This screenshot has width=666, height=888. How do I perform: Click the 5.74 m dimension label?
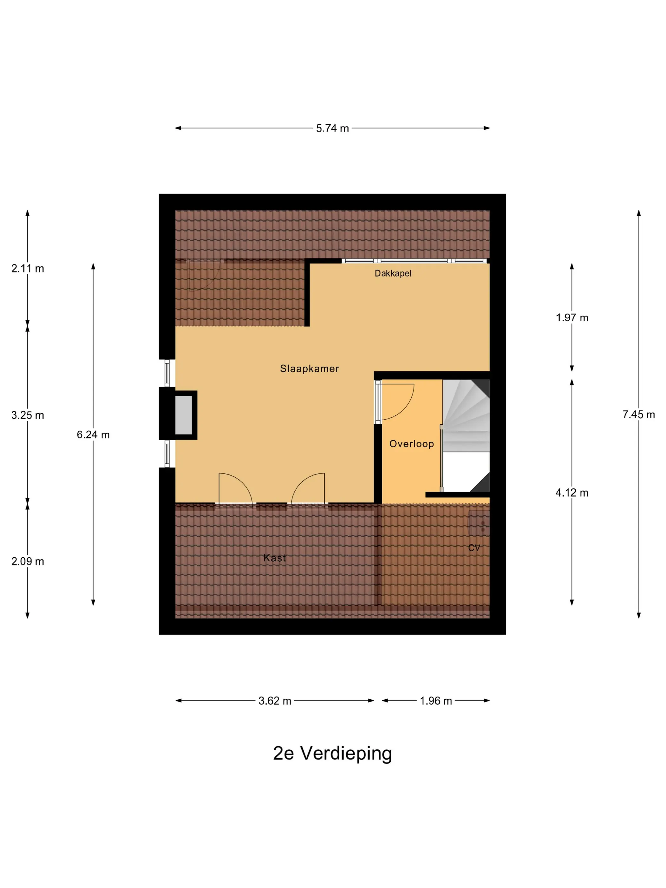(332, 128)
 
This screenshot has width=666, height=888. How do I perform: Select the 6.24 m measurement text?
(93, 435)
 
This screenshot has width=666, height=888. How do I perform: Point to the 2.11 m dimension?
(28, 269)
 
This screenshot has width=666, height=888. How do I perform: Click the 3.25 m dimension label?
(28, 415)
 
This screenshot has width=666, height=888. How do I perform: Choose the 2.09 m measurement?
(28, 561)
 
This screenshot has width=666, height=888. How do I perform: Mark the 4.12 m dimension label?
(572, 493)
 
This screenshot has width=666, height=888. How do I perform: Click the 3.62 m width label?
(275, 701)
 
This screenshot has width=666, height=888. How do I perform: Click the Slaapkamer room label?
(309, 369)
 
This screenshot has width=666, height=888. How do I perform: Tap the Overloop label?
(411, 444)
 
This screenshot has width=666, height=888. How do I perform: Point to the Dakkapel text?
(393, 273)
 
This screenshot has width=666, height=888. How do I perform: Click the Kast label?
(275, 558)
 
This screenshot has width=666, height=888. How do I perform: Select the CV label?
(474, 548)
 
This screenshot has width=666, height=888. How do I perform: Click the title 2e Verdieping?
(332, 754)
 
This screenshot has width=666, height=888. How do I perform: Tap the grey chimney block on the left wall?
(183, 415)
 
